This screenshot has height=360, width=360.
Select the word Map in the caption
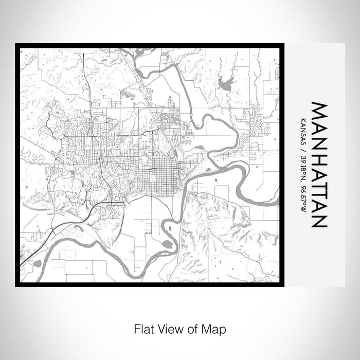click(x=214, y=328)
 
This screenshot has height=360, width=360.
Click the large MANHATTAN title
click(x=319, y=165)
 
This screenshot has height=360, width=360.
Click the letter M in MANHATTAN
click(x=319, y=111)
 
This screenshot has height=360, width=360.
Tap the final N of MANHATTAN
click(x=319, y=220)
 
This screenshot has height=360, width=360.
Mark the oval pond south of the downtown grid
click(x=168, y=244)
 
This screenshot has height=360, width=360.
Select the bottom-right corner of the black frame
click(x=282, y=285)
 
